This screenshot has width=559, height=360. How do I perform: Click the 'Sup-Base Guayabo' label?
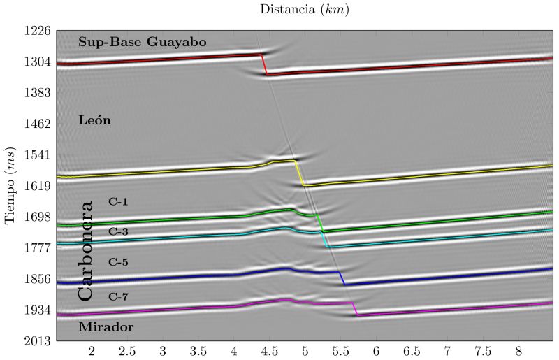[x=142, y=42]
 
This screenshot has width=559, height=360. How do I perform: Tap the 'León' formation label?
[x=94, y=120]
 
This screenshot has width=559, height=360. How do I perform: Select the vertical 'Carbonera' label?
[x=85, y=250]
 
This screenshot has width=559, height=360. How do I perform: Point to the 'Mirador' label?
[x=106, y=326]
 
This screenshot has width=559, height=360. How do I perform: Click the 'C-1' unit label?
[x=118, y=201]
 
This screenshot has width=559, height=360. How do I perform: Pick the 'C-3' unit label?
[x=118, y=231]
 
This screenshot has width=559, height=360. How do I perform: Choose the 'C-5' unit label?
[x=118, y=262]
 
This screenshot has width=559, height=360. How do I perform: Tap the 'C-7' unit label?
[x=118, y=296]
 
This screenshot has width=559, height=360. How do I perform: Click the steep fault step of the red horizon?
[x=264, y=64]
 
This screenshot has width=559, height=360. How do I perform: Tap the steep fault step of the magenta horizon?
[x=354, y=309]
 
